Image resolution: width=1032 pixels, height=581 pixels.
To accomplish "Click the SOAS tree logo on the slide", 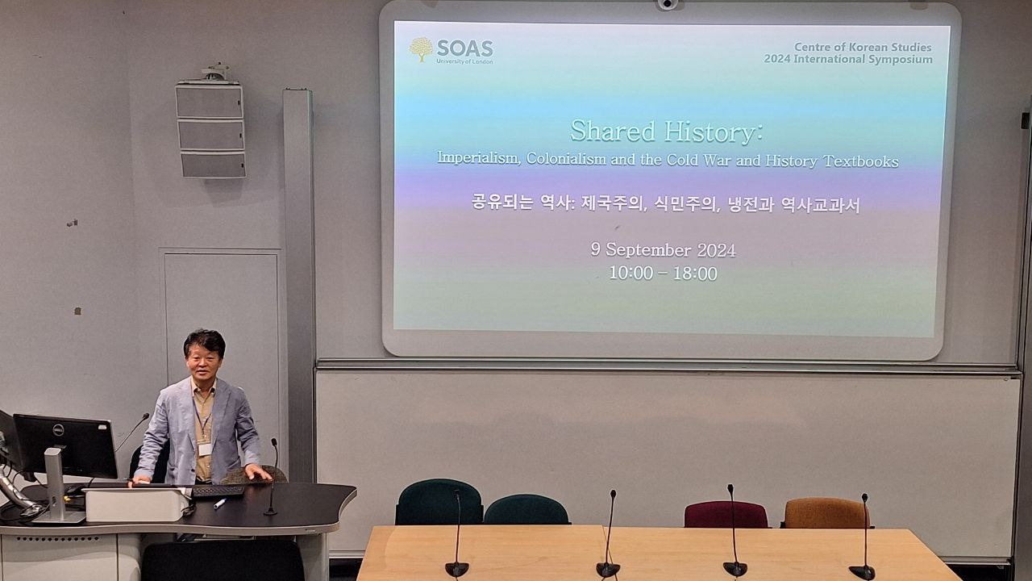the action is (x=421, y=49).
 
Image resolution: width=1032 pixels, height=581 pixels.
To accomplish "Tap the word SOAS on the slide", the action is (x=465, y=48).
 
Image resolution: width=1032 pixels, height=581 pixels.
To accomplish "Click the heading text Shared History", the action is (x=666, y=132).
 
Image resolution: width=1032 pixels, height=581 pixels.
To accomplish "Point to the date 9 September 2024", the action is (x=663, y=250).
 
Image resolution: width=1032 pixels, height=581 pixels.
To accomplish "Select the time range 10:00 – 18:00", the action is (x=663, y=274).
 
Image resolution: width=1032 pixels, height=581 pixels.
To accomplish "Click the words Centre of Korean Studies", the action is (x=863, y=47).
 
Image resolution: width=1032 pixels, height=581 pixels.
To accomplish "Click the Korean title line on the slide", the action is (x=666, y=204).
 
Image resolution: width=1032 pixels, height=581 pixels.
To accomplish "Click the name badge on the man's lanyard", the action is (x=205, y=449).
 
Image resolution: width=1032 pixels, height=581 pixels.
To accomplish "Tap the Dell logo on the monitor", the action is (x=58, y=430).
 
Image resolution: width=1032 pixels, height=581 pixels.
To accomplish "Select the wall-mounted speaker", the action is (x=210, y=128).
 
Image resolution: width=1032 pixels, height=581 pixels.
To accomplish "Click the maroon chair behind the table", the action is (x=726, y=514).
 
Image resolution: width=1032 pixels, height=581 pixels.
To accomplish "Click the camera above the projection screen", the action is (x=667, y=4).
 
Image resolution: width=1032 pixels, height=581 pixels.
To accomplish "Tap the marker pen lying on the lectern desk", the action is (x=220, y=503).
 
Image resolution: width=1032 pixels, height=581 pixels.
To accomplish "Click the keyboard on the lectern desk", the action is (x=218, y=491).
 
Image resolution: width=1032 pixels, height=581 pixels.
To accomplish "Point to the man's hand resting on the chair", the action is (x=258, y=472).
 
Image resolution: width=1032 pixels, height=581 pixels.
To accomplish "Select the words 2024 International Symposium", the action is (x=848, y=60).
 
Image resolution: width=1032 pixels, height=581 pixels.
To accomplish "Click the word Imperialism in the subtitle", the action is (x=478, y=157).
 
